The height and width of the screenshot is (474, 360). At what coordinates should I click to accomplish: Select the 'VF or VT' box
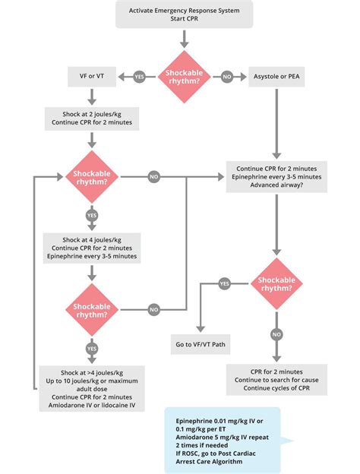tap(92, 77)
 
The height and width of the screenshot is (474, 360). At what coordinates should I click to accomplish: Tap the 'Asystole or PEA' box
tap(276, 77)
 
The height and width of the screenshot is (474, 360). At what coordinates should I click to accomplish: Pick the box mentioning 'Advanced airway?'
tap(276, 177)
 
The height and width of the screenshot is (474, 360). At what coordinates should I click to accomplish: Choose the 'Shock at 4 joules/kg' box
tap(92, 246)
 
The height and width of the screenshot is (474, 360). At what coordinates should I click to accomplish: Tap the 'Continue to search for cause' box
tap(276, 378)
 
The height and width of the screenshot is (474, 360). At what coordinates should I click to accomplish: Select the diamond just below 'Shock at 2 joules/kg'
tap(92, 176)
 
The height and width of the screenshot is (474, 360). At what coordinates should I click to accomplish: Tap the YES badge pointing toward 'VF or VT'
tap(139, 77)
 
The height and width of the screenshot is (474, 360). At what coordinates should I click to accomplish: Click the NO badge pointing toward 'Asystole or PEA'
tap(226, 77)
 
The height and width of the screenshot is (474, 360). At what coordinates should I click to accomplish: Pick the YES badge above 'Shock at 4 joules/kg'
tap(92, 215)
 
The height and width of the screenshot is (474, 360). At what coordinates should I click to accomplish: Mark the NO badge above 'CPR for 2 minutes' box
tap(277, 333)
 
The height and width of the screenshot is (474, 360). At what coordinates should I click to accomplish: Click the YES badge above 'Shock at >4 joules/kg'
tap(92, 348)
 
